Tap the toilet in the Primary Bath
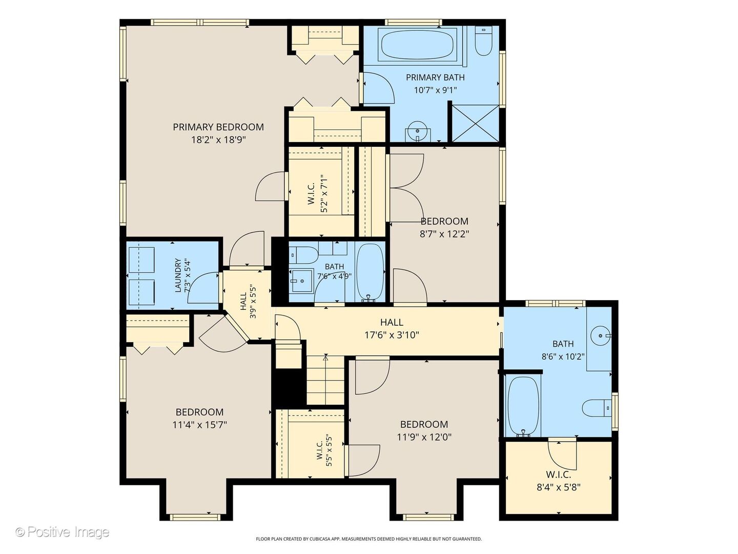point(483,41)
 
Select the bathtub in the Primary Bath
point(420,45)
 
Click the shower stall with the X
point(475,123)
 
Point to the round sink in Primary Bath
point(417,131)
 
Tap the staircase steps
point(325,380)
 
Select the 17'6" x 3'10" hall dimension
point(392,335)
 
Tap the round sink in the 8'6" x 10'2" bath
point(601,335)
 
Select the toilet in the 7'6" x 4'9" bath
point(303,255)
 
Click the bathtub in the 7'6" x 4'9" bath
point(370,272)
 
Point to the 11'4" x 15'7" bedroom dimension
point(200,425)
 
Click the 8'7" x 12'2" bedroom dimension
point(444,234)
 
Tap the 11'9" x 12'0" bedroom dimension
point(424,437)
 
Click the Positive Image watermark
point(63,532)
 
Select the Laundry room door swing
point(203,288)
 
